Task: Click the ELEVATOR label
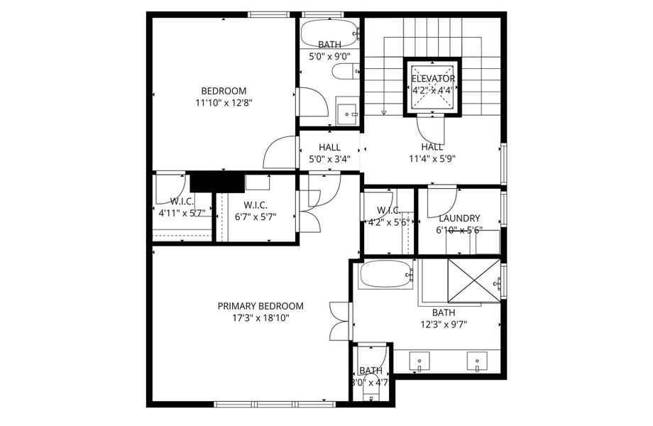point(433,79)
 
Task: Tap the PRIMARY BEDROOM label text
point(260,306)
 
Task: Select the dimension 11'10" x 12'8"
point(224,102)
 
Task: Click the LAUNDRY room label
point(459,219)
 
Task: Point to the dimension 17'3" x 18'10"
point(260,318)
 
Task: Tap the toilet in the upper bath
point(347,71)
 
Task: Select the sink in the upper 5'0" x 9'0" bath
point(348,112)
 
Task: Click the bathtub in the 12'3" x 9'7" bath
point(385,274)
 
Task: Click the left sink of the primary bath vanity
point(419,363)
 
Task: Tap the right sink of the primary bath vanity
point(475,363)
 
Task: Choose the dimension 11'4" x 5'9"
point(431,159)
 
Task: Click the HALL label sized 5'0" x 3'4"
point(329,147)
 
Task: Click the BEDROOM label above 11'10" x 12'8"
point(224,91)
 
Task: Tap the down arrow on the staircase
point(383,111)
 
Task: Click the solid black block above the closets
point(212,182)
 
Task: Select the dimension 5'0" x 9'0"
point(329,56)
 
